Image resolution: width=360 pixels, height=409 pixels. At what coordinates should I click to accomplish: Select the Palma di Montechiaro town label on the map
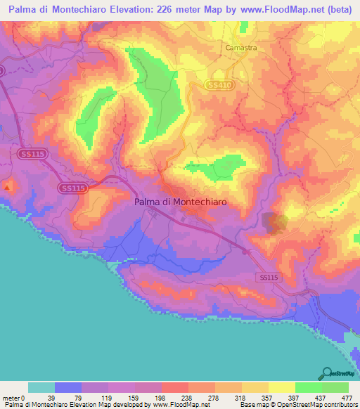click(x=181, y=201)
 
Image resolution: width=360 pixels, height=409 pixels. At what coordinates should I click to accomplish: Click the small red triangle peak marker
click(x=8, y=187)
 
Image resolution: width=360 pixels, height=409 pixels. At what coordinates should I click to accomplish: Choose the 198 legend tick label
click(x=161, y=397)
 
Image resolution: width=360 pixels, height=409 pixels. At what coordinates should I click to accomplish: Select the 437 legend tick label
click(x=321, y=397)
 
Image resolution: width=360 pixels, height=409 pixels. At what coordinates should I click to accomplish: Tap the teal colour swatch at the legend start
click(x=41, y=387)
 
